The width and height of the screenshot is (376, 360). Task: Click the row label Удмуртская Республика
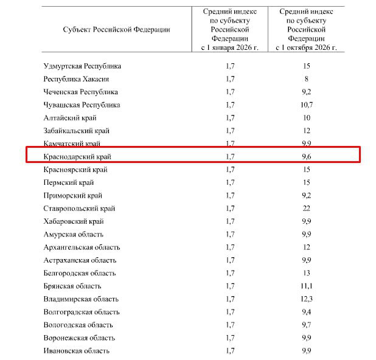pyautogui.click(x=82, y=66)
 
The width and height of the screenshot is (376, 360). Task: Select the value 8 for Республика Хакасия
pyautogui.click(x=307, y=79)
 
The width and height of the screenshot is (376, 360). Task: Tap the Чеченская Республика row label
pyautogui.click(x=81, y=92)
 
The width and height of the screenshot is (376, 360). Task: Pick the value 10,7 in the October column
pyautogui.click(x=307, y=105)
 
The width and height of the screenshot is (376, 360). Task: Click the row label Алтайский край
pyautogui.click(x=70, y=118)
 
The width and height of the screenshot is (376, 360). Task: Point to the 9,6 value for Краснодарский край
pyautogui.click(x=307, y=156)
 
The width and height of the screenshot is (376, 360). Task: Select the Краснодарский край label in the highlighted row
pyautogui.click(x=77, y=156)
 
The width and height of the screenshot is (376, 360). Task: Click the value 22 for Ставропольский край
pyautogui.click(x=307, y=209)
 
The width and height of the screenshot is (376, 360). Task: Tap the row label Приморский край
pyautogui.click(x=73, y=196)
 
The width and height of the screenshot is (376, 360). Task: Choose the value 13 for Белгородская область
pyautogui.click(x=307, y=273)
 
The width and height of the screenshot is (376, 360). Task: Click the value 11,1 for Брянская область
pyautogui.click(x=307, y=286)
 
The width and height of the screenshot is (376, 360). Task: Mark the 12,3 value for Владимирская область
pyautogui.click(x=307, y=299)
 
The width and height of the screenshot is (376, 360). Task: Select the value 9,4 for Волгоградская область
pyautogui.click(x=307, y=312)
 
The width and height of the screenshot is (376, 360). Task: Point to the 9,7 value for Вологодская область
pyautogui.click(x=307, y=325)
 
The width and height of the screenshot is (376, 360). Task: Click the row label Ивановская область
pyautogui.click(x=77, y=351)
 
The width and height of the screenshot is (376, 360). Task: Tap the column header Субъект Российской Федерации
pyautogui.click(x=116, y=29)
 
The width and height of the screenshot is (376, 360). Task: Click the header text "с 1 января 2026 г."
pyautogui.click(x=230, y=46)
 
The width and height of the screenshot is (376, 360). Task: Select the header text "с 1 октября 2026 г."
pyautogui.click(x=307, y=46)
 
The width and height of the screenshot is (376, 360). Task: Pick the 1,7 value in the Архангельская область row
pyautogui.click(x=230, y=247)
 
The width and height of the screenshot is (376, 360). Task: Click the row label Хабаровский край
pyautogui.click(x=74, y=221)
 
